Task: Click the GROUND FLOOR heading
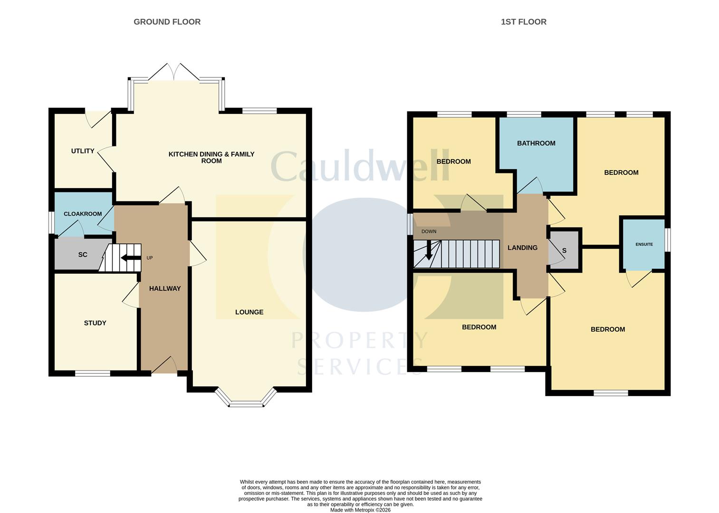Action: (x=167, y=22)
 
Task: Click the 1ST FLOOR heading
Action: (x=523, y=22)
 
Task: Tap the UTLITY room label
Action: (x=83, y=151)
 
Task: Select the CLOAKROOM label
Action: (x=83, y=214)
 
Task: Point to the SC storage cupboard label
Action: (x=83, y=255)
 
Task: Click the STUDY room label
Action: (x=95, y=323)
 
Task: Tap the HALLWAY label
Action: (x=165, y=288)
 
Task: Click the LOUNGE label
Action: (x=249, y=312)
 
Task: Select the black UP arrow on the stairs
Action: (x=130, y=258)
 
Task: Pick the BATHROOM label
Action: (x=536, y=143)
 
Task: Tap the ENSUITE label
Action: (x=644, y=244)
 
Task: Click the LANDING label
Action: (x=522, y=247)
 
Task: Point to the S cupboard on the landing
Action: (x=565, y=250)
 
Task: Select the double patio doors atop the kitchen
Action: (x=174, y=72)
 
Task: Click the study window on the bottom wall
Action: (x=93, y=373)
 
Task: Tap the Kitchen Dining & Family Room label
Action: (x=211, y=157)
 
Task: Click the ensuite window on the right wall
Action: (x=667, y=240)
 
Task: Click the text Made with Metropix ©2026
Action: (x=360, y=510)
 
